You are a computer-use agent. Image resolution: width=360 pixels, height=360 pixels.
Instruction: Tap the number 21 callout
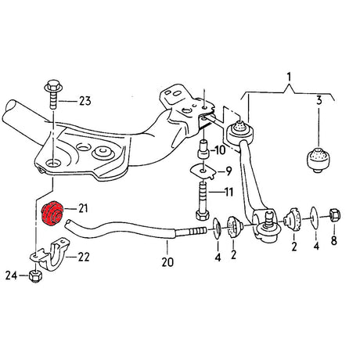[83, 207]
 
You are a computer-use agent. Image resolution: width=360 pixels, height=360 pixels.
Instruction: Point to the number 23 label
[84, 99]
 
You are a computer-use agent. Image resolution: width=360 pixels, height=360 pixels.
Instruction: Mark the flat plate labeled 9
[201, 171]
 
